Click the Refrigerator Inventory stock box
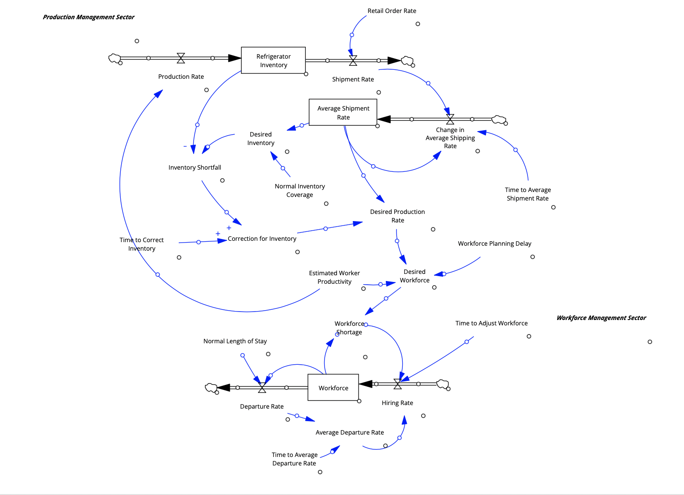click(273, 60)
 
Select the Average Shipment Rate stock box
click(343, 112)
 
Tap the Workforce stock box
click(333, 388)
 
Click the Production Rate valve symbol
click(181, 58)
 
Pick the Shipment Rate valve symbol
click(353, 60)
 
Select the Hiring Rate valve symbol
click(397, 384)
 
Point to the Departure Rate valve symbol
click(262, 388)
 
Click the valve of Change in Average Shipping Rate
click(450, 119)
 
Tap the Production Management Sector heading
click(89, 17)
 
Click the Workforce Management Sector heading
click(601, 318)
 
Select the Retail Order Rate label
click(392, 11)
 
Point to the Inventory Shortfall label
click(194, 167)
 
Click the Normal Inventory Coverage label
click(300, 190)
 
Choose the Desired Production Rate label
click(397, 216)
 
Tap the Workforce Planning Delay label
click(494, 243)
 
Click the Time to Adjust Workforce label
click(491, 323)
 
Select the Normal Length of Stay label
click(235, 341)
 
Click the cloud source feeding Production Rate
click(114, 58)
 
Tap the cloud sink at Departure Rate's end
click(211, 388)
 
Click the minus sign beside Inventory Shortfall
click(185, 146)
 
